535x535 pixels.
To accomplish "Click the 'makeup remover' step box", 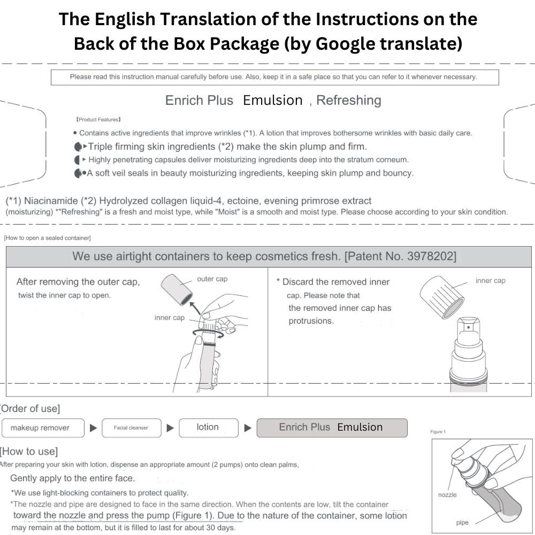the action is coord(43,428).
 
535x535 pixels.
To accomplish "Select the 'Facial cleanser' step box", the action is coord(132,428).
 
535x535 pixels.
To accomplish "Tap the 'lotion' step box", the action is coord(209,428).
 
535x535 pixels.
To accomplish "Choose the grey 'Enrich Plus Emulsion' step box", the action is coord(332,428).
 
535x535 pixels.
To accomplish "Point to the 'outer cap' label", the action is coord(212,279).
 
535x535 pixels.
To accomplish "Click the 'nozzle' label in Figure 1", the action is coord(447,495).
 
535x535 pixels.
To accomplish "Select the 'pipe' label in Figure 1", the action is coord(462,522).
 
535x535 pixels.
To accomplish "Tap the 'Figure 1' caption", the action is coord(438,432).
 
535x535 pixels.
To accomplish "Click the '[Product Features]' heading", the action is coord(98,119).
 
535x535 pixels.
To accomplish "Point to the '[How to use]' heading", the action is coord(29,452).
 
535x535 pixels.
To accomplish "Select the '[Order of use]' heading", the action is coord(30,408).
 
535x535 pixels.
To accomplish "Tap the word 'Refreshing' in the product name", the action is coord(349,101).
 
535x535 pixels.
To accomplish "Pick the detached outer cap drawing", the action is coord(177,289).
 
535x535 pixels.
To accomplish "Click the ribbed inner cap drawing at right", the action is coord(442,297).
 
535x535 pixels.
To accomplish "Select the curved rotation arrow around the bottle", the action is coord(209,334).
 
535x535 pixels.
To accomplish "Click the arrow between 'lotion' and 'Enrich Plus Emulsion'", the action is coord(248,428).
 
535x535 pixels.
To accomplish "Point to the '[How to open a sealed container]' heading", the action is coord(48,238).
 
